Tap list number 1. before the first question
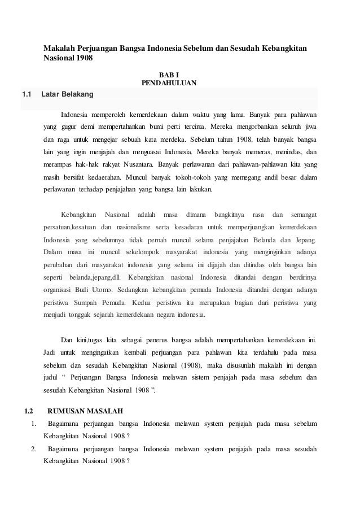(34, 424)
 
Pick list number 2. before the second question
(34, 449)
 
